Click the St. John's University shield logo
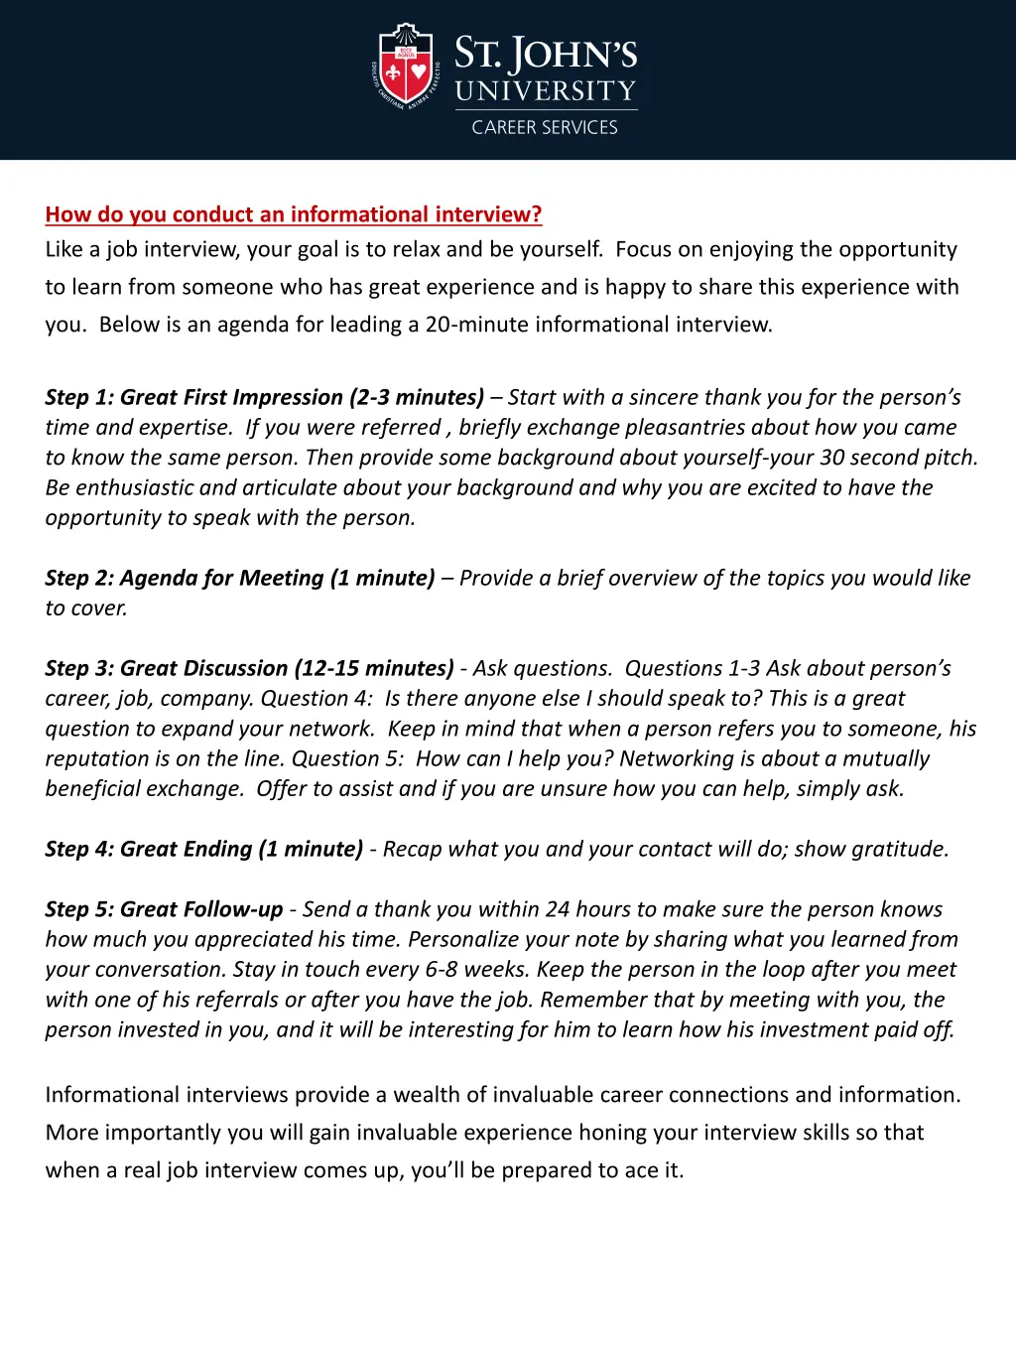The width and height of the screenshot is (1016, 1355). (x=406, y=67)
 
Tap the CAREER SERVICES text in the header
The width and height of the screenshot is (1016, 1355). (x=545, y=127)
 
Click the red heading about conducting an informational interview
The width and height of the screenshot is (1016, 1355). (x=294, y=214)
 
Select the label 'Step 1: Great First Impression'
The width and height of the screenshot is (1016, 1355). (x=193, y=397)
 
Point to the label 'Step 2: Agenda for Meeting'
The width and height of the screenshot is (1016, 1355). (x=185, y=578)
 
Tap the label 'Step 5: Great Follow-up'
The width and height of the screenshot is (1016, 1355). (x=164, y=909)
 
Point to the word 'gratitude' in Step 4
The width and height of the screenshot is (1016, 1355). (x=897, y=849)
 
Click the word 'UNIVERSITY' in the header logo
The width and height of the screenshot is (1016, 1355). (x=546, y=91)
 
